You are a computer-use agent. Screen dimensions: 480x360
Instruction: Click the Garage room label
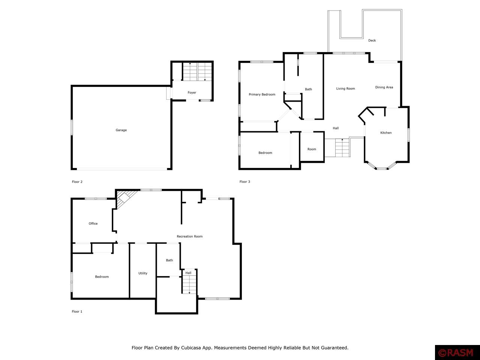pyautogui.click(x=121, y=130)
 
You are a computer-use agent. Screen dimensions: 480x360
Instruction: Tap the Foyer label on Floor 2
pyautogui.click(x=192, y=93)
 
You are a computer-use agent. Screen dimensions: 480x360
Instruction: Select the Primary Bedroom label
pyautogui.click(x=262, y=94)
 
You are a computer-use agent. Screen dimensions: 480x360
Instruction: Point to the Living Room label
pyautogui.click(x=345, y=88)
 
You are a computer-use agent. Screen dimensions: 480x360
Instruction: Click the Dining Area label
pyautogui.click(x=384, y=87)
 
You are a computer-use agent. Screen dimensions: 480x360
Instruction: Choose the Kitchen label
pyautogui.click(x=386, y=133)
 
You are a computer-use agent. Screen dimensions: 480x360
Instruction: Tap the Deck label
pyautogui.click(x=372, y=40)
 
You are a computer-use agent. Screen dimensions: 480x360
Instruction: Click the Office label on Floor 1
pyautogui.click(x=93, y=223)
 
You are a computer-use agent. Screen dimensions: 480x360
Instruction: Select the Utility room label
pyautogui.click(x=143, y=273)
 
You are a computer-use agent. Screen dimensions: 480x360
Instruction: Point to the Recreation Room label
pyautogui.click(x=190, y=236)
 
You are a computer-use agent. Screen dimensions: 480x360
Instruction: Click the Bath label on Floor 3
pyautogui.click(x=308, y=89)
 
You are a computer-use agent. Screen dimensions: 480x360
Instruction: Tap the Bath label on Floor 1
pyautogui.click(x=169, y=260)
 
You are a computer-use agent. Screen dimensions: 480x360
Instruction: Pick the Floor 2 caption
pyautogui.click(x=77, y=181)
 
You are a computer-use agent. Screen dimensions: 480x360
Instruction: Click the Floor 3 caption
pyautogui.click(x=245, y=181)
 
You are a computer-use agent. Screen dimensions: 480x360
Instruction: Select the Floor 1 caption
pyautogui.click(x=77, y=312)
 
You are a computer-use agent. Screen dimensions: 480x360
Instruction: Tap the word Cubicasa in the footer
pyautogui.click(x=190, y=348)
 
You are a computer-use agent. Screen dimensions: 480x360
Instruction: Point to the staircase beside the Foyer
pyautogui.click(x=197, y=72)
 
